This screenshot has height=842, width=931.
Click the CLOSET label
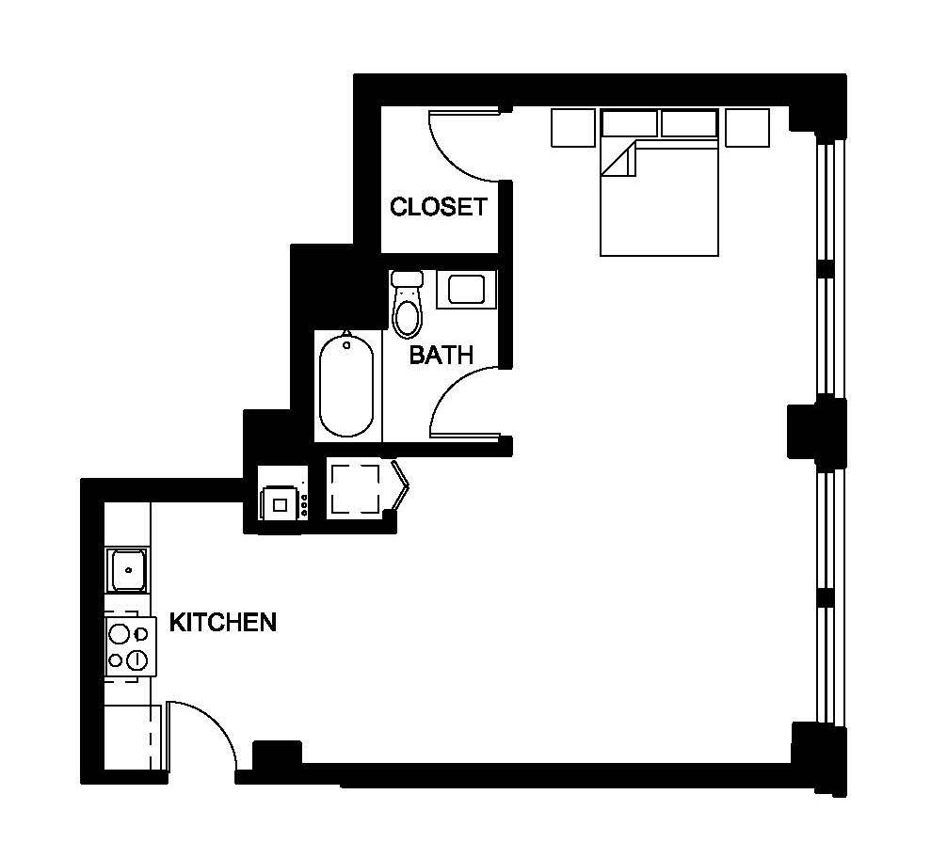click(x=439, y=207)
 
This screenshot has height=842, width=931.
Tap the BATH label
click(x=441, y=355)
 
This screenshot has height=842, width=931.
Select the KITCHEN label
click(x=222, y=622)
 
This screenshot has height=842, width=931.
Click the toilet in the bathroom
click(x=408, y=306)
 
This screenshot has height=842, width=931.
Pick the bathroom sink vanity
click(x=466, y=288)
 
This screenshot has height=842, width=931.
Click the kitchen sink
click(x=128, y=568)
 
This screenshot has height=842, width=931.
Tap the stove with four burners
click(x=129, y=646)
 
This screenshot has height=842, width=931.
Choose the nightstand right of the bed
click(x=746, y=127)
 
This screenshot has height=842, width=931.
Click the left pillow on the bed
click(x=629, y=123)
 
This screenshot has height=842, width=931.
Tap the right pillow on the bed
click(x=689, y=123)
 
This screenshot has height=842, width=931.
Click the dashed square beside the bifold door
click(x=353, y=486)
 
